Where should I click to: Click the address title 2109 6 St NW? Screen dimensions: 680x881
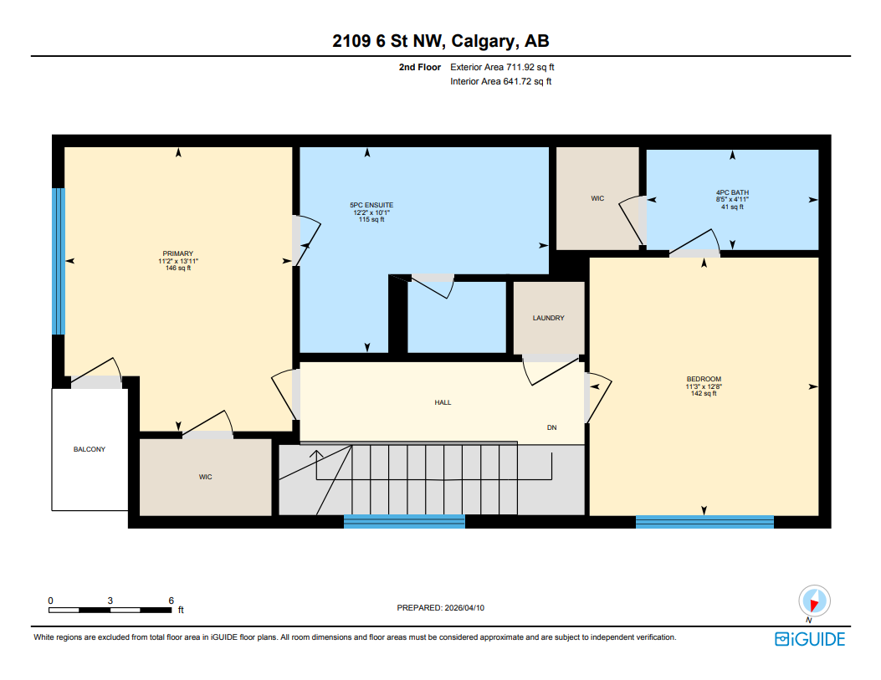[440, 42]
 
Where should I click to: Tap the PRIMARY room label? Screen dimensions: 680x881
[178, 253]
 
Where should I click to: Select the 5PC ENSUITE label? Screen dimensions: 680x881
[371, 205]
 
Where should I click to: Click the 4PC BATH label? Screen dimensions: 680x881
[732, 192]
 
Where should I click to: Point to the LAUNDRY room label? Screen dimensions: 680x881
[548, 318]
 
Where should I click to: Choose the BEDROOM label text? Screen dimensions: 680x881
[704, 379]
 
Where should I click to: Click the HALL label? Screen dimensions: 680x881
[443, 402]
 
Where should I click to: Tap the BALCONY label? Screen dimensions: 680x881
[90, 449]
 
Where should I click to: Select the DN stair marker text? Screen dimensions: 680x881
[551, 427]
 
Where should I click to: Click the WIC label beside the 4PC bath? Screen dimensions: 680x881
[597, 198]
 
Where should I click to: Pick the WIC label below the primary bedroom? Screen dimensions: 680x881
[205, 477]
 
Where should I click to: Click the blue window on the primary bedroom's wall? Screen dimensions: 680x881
[58, 261]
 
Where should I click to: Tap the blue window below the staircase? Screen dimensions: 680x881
[404, 522]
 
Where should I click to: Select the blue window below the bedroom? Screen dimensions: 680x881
[704, 522]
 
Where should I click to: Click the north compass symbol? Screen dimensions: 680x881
[813, 601]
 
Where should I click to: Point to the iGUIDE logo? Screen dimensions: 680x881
[809, 640]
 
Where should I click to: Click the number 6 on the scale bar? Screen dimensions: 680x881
[171, 601]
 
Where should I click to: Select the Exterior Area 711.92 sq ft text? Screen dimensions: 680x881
[502, 67]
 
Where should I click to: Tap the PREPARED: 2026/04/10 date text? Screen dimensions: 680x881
[440, 608]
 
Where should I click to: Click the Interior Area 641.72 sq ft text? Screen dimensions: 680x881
[500, 81]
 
